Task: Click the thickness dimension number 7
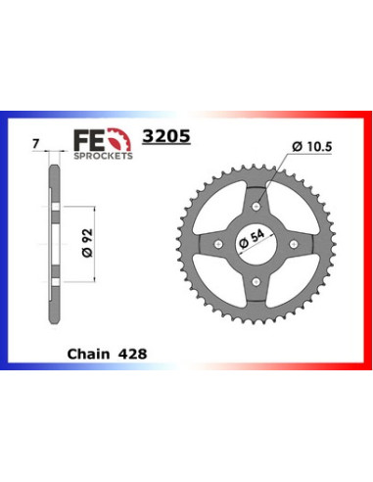(36, 144)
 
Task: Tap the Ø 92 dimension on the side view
(85, 241)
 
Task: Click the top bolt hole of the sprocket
(256, 206)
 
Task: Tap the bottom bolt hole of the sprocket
(256, 281)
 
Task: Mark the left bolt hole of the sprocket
(217, 244)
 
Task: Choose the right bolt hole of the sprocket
(294, 244)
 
